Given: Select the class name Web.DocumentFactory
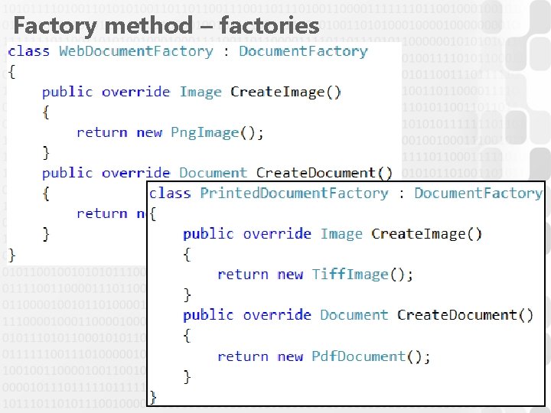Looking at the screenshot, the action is [x=136, y=51].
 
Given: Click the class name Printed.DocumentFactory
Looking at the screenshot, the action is [x=294, y=193].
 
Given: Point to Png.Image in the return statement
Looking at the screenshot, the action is [x=205, y=132].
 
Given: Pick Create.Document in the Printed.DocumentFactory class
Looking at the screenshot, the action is [x=457, y=315].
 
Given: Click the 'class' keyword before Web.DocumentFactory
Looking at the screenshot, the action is [x=29, y=51].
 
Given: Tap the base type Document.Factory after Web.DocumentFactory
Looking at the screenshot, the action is [x=303, y=51].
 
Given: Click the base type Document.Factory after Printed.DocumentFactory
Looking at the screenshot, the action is [x=478, y=193].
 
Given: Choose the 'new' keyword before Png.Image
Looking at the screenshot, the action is [x=149, y=132].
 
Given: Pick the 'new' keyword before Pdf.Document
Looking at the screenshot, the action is [x=290, y=356].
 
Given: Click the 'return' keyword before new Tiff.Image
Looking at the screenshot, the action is [x=243, y=274].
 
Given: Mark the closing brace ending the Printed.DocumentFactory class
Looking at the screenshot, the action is [x=153, y=396].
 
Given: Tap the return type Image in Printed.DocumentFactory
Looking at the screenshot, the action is [x=341, y=233].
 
